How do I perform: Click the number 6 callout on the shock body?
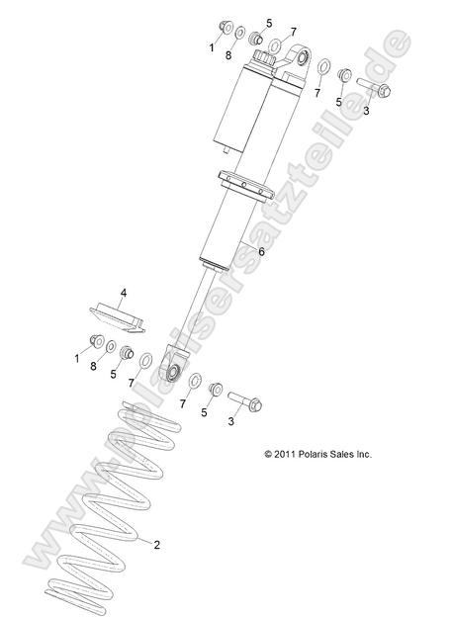pos(261,252)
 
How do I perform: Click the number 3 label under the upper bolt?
pos(366,111)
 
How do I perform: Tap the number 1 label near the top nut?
pos(211,45)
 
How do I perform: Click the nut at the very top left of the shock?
pos(222,27)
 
